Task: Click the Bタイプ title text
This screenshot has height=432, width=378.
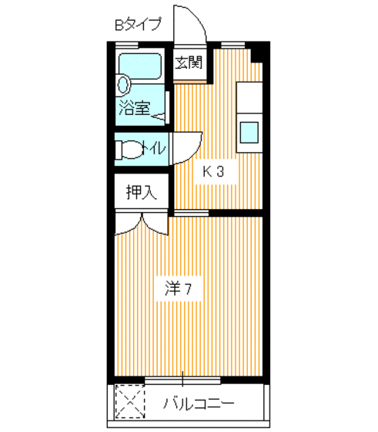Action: click(138, 25)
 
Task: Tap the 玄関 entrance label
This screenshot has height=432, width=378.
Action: click(187, 62)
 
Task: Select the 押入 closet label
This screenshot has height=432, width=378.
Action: click(142, 192)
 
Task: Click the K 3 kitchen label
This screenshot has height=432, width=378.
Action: click(213, 172)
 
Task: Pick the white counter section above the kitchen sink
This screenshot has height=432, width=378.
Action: click(250, 96)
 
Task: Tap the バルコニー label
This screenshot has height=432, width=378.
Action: click(199, 403)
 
